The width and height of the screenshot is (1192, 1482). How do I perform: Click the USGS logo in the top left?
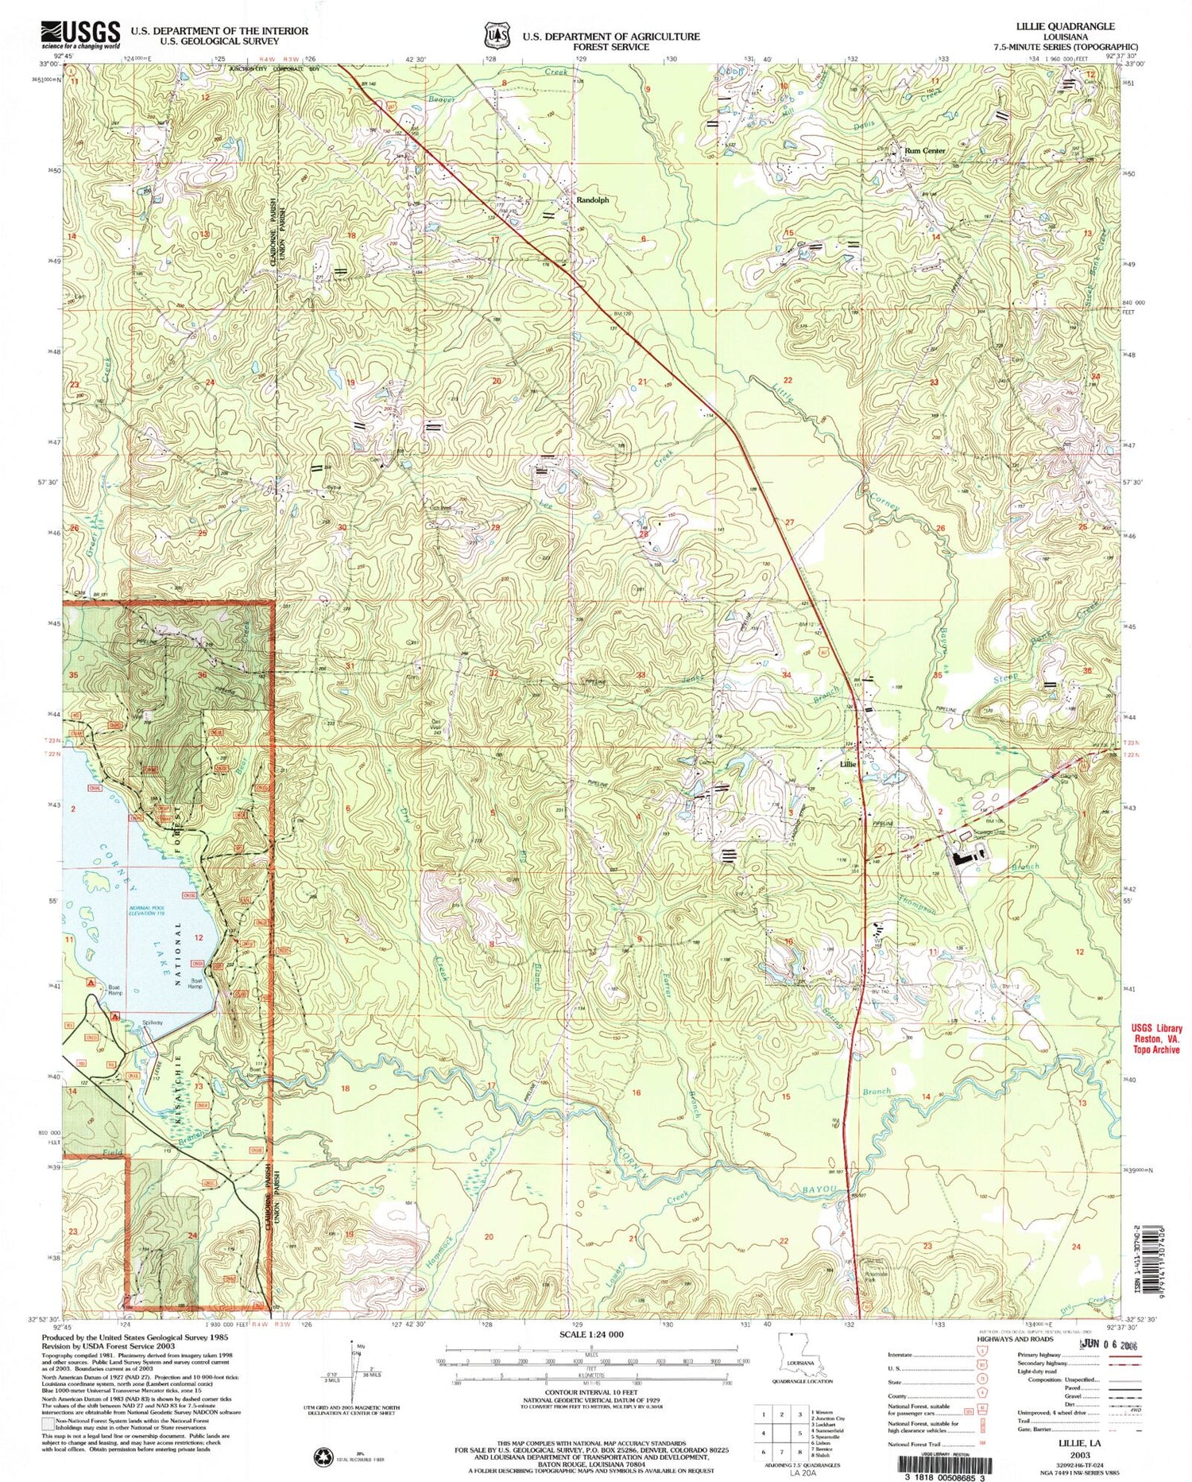(79, 35)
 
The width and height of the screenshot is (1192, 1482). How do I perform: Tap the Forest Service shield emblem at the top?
(498, 36)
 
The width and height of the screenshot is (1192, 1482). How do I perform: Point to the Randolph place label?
(592, 200)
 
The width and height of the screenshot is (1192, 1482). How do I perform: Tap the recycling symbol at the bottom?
(325, 1457)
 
